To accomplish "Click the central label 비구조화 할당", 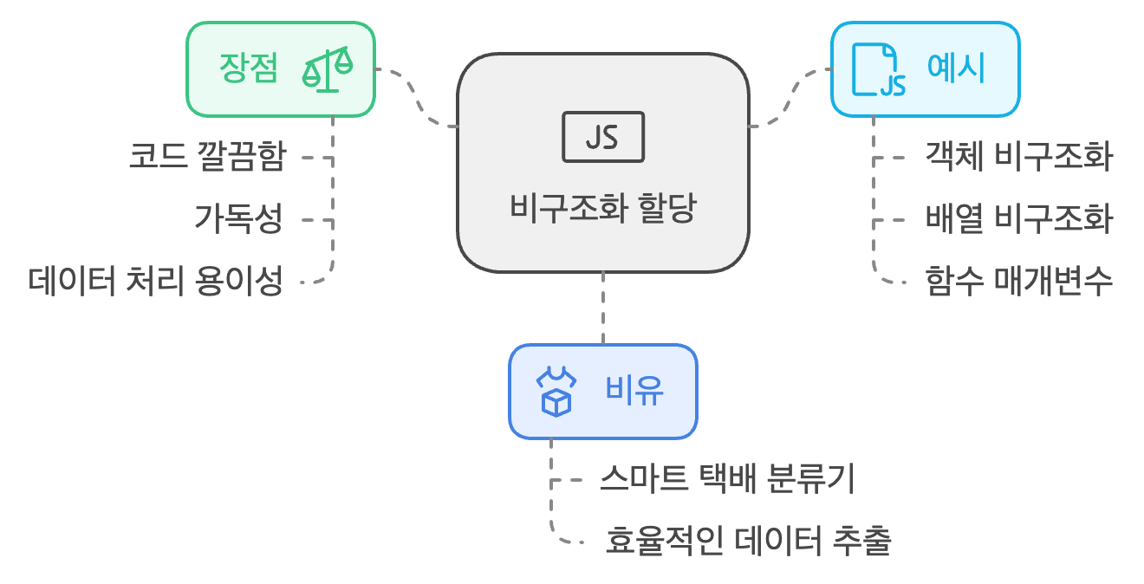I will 602,209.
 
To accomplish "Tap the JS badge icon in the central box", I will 602,137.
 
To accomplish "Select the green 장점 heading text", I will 250,69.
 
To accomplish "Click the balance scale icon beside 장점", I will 328,70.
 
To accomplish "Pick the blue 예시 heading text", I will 956,68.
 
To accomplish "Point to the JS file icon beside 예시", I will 878,69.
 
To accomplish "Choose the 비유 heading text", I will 634,392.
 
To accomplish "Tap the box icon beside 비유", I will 556,392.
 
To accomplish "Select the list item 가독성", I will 239,220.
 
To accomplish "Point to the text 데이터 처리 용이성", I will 156,282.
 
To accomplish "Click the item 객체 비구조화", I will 1018,158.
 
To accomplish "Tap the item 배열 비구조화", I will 1018,220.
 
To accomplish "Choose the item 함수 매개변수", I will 1018,282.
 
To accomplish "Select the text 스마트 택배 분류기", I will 728,479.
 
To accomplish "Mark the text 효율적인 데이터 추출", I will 748,542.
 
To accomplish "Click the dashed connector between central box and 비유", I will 602,308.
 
